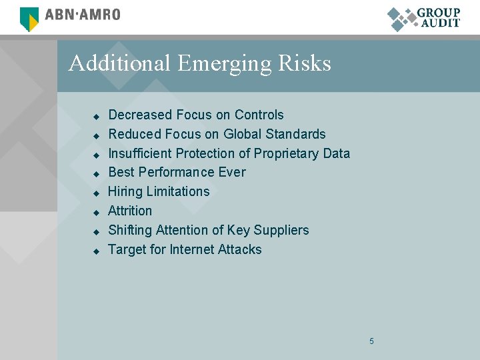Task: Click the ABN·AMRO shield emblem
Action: pos(29,19)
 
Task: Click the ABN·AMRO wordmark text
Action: pos(82,15)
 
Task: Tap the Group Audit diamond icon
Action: pos(401,19)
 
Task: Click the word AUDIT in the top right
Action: pos(441,23)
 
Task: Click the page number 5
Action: pos(371,341)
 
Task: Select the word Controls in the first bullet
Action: pos(259,115)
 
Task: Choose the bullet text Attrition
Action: pos(130,211)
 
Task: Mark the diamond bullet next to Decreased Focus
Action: pos(95,116)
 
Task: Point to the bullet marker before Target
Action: pos(95,251)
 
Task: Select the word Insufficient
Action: pos(139,153)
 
